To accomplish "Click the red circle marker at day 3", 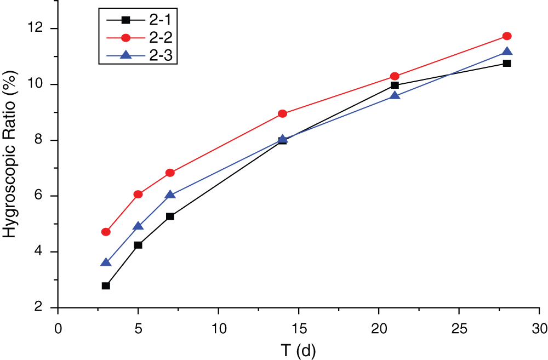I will pos(106,232).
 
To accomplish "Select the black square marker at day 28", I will pos(507,63).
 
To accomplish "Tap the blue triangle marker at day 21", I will pos(395,95).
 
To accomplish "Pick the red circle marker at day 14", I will pos(282,113).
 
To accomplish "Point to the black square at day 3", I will pos(106,285).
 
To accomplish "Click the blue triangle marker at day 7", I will pos(170,195).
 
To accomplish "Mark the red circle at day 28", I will pos(507,36).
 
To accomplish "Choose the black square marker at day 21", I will pos(395,85).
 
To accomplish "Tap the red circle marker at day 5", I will pos(138,194).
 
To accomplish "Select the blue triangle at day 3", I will pos(106,262).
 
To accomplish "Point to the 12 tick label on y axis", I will pos(41,28).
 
